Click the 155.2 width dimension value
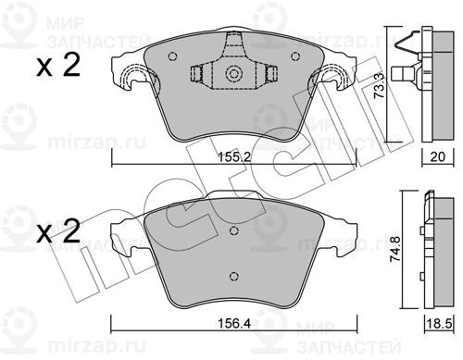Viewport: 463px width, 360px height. (234, 157)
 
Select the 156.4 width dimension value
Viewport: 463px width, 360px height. (234, 323)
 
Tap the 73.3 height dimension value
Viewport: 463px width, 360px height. (379, 85)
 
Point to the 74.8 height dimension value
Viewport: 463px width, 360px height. (395, 249)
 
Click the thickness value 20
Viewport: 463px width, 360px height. (438, 156)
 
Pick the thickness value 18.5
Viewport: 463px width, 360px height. (439, 324)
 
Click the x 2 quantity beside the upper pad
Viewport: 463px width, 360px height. (58, 65)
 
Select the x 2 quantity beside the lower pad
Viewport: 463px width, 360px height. (58, 231)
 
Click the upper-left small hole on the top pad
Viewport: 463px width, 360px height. (173, 56)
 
